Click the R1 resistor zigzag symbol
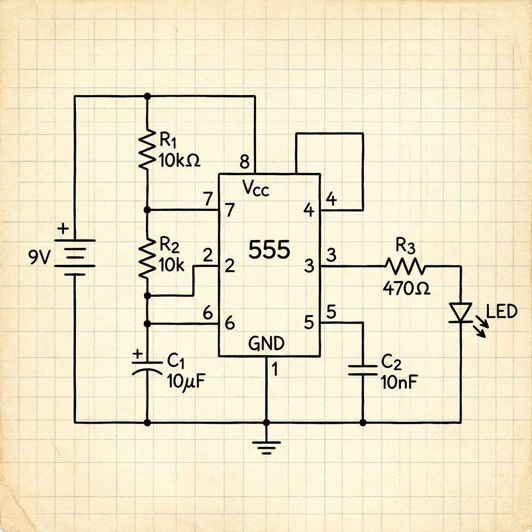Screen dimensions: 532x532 coord(148,149)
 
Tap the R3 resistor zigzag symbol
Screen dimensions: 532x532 coord(405,267)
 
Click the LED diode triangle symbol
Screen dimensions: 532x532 coord(460,313)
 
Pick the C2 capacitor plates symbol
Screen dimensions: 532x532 coord(362,369)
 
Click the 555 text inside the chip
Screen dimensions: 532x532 coord(269,250)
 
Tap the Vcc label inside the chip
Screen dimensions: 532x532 coord(256,190)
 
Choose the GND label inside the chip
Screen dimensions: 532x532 coord(267,343)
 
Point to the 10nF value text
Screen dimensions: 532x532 coord(400,382)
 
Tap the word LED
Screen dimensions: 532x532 coord(502,312)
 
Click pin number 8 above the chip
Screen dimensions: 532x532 coord(244,162)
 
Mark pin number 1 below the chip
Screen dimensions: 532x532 coord(275,369)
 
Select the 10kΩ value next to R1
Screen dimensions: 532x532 coord(178,161)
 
